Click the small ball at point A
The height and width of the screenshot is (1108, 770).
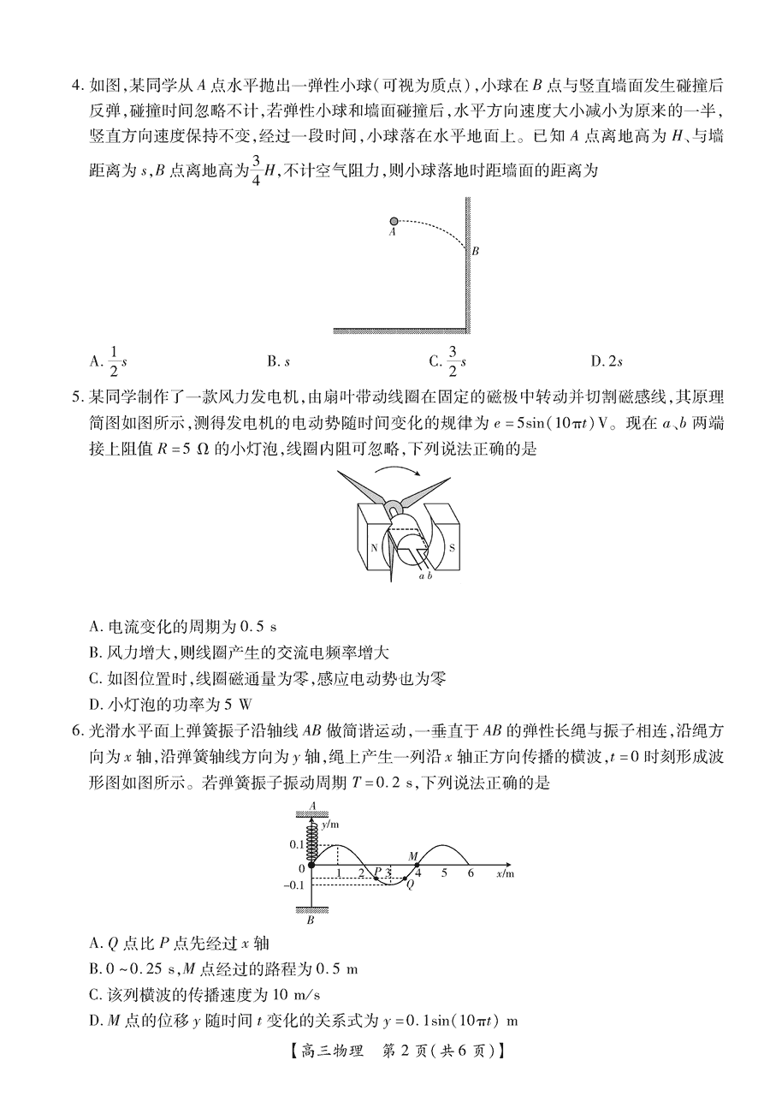click(394, 221)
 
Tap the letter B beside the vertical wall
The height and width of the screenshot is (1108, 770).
click(475, 251)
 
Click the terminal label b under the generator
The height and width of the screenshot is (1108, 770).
click(429, 576)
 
